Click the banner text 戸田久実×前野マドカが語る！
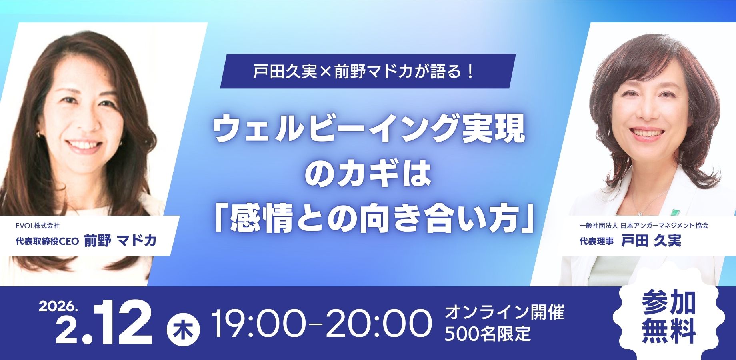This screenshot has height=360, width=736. click(x=364, y=72)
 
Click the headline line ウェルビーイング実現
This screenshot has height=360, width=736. click(x=369, y=131)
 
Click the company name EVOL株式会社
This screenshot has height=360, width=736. click(x=38, y=226)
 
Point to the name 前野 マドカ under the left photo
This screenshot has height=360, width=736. click(x=120, y=240)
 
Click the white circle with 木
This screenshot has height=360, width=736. click(x=182, y=331)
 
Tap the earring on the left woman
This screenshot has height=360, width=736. click(x=38, y=135)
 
